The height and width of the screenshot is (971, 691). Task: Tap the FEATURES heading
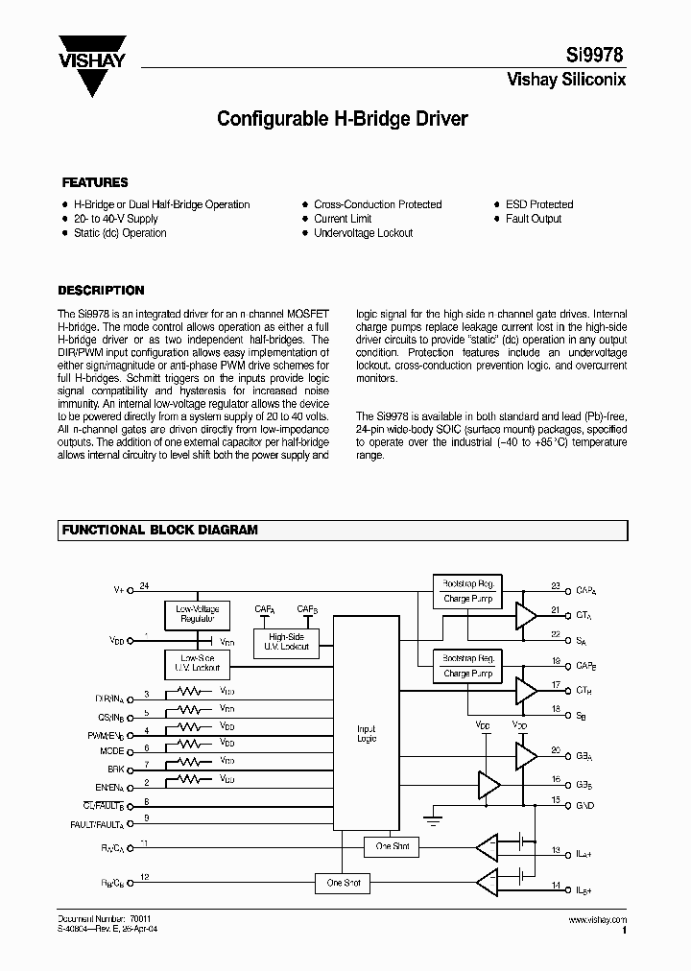click(94, 182)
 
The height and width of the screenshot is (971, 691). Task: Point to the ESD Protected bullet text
click(539, 204)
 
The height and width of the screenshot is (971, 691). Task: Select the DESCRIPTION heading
click(101, 290)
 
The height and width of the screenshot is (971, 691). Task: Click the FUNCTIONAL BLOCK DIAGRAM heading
click(159, 530)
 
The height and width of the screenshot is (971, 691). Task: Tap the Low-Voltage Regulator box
click(197, 614)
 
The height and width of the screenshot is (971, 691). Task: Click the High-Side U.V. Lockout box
click(287, 642)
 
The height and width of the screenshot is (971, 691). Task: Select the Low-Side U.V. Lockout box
click(197, 663)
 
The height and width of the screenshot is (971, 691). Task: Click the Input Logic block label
click(366, 734)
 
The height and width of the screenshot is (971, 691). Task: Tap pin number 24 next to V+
click(145, 585)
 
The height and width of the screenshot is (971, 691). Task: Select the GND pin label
click(585, 805)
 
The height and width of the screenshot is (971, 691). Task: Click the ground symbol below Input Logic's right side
click(432, 820)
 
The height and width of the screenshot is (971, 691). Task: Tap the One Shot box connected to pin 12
click(344, 882)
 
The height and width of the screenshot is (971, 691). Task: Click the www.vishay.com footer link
click(597, 919)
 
